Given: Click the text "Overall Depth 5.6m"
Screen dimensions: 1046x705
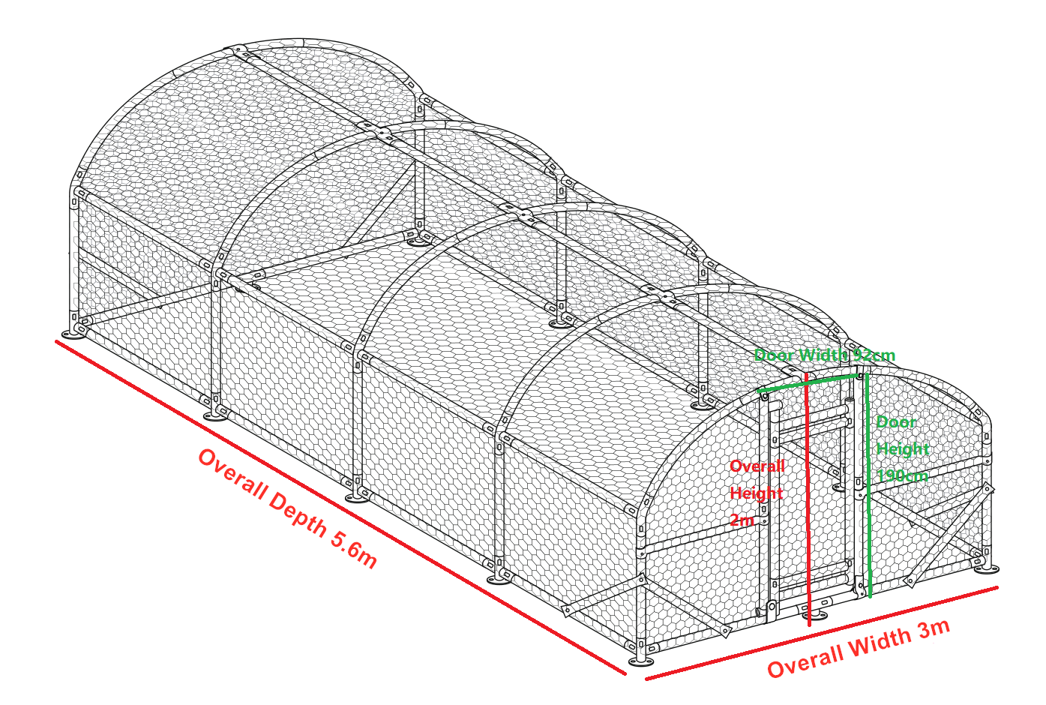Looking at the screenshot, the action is (x=288, y=508).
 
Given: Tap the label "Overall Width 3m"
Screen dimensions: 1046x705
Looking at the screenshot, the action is (x=859, y=649).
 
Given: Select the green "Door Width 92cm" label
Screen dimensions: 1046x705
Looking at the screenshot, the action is (x=825, y=355).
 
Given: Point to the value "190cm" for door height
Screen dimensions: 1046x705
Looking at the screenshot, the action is (x=902, y=476).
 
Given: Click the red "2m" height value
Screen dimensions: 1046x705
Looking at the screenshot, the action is (x=742, y=520).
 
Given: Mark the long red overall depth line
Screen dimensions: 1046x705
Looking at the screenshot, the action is (x=341, y=508).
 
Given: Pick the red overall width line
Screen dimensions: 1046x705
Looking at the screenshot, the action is (x=822, y=633).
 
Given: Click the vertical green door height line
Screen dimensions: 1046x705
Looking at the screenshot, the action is (x=868, y=486).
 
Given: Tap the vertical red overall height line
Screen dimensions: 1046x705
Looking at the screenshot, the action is (x=808, y=500).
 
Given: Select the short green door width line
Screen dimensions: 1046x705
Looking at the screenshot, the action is (x=808, y=383).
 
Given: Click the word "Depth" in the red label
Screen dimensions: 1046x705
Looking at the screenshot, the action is (x=298, y=514).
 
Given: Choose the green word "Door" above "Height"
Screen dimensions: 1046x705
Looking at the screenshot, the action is (x=896, y=422).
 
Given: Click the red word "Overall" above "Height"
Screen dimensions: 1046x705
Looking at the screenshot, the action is (x=757, y=466).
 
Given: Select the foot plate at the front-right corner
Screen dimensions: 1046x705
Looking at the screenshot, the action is (x=986, y=569).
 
